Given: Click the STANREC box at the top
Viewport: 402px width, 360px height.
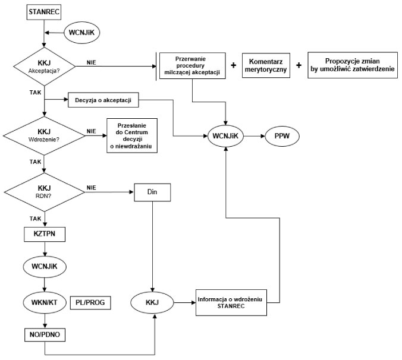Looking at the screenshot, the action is (x=44, y=12).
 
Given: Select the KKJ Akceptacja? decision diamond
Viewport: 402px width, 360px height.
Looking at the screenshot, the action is (x=45, y=67).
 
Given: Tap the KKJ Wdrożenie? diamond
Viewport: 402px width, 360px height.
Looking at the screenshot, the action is (x=44, y=135).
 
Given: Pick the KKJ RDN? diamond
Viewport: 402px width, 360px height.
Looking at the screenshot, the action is (x=45, y=192).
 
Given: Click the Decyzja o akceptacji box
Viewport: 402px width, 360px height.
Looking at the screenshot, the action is (x=103, y=100).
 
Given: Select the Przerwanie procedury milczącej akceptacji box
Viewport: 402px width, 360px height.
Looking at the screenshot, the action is (x=193, y=66).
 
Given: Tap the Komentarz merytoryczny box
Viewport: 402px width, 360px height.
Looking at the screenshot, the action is (x=266, y=65).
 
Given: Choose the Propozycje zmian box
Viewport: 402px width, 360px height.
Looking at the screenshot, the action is (x=353, y=65).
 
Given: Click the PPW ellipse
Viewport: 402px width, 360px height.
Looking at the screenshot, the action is (x=282, y=135).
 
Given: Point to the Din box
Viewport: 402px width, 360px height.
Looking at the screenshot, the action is (x=152, y=192).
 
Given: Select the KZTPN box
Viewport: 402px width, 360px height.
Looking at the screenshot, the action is (x=45, y=234).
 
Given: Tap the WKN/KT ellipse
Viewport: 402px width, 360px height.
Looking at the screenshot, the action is (x=45, y=302).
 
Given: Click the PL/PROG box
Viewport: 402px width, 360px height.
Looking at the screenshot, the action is (x=90, y=302).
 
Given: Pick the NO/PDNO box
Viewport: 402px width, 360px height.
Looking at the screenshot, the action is (x=45, y=334).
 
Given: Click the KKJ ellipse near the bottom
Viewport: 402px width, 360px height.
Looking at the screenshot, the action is (x=152, y=302).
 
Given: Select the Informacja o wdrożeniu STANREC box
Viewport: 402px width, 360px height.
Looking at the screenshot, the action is (x=231, y=302).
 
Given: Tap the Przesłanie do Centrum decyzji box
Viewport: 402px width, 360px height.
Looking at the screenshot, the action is (x=132, y=135).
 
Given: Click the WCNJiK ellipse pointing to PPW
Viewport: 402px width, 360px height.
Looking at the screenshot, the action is (x=225, y=136).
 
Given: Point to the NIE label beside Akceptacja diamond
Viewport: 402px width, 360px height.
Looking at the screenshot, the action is (x=91, y=63).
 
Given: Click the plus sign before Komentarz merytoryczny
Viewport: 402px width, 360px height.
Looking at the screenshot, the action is (x=234, y=65).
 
